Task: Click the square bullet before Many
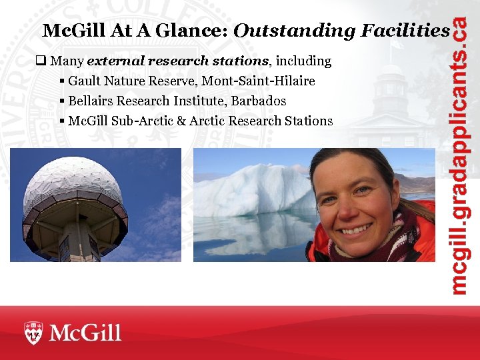[x=41, y=61]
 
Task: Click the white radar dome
[x=73, y=187]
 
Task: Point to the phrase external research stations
[x=177, y=61]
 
